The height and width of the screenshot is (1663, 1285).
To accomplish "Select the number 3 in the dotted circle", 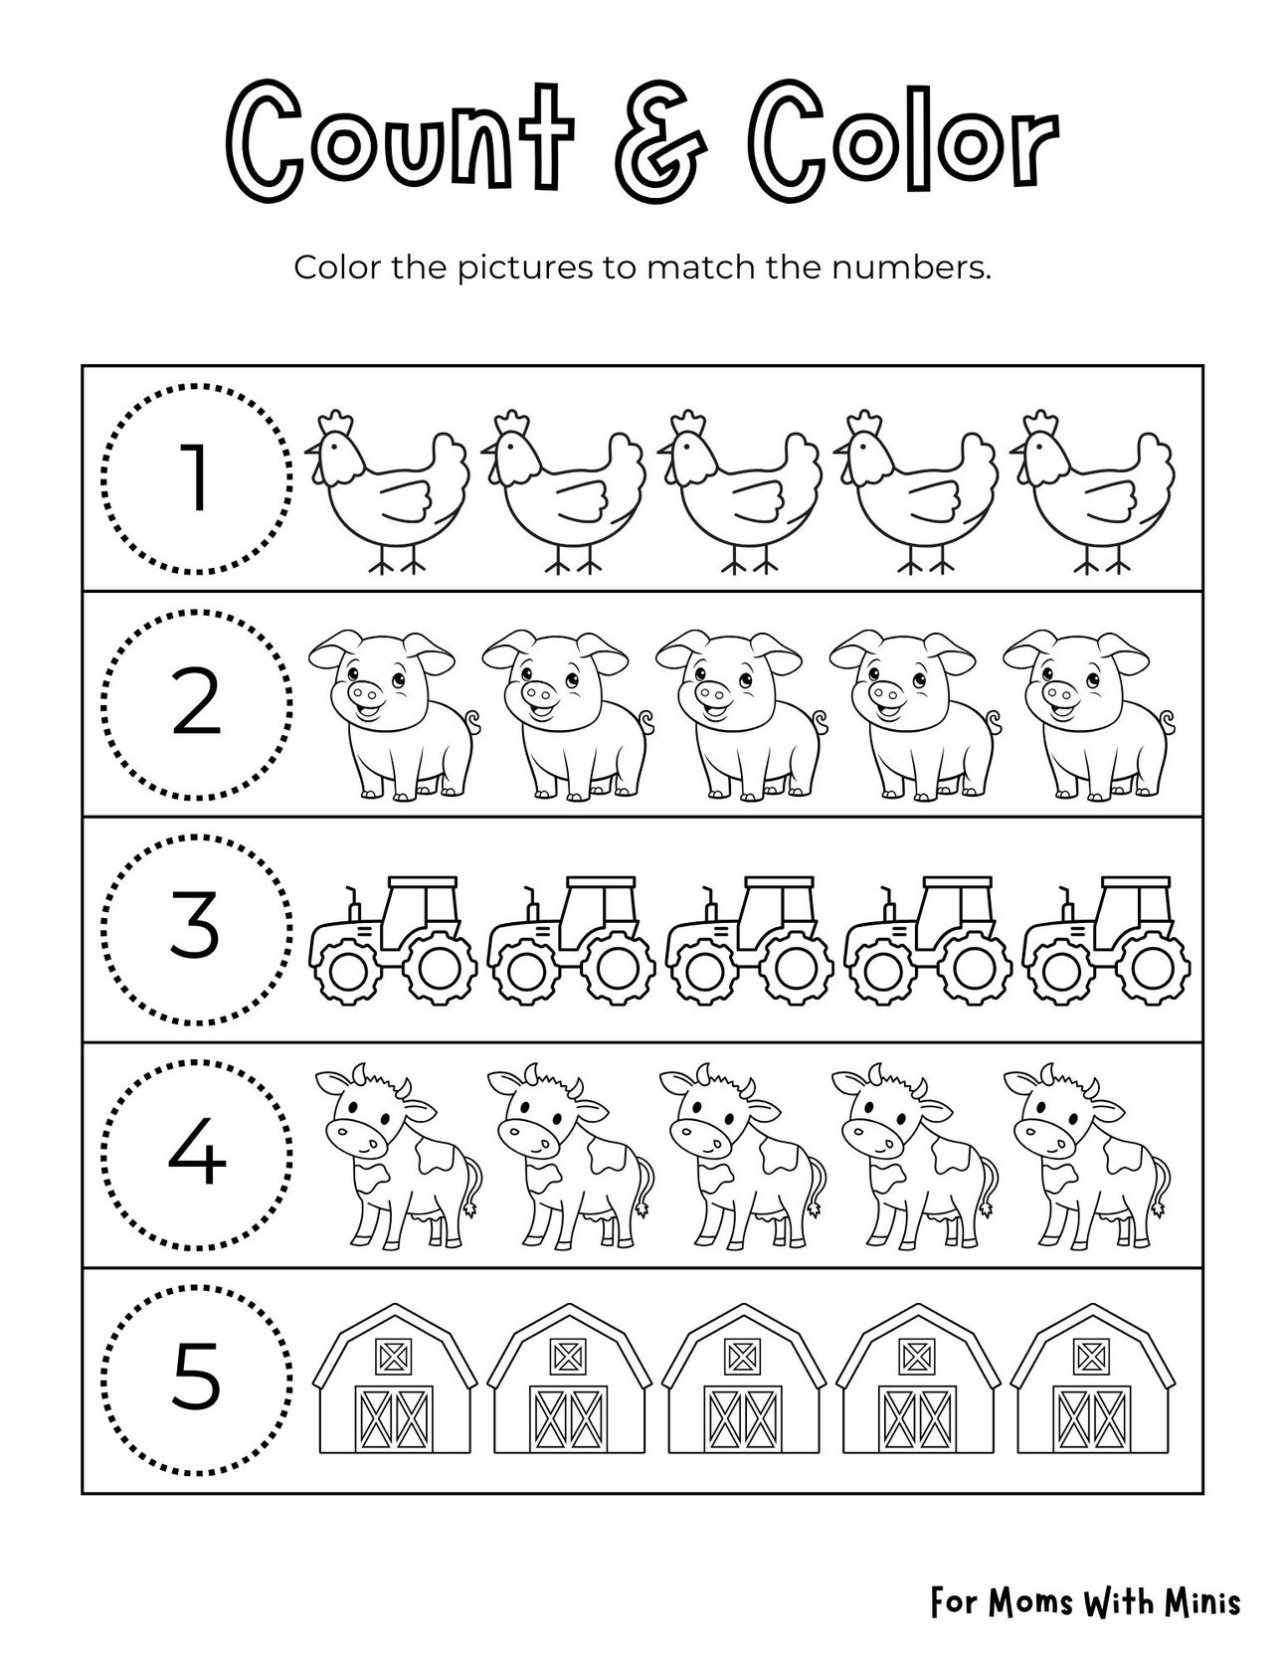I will [x=197, y=927].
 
